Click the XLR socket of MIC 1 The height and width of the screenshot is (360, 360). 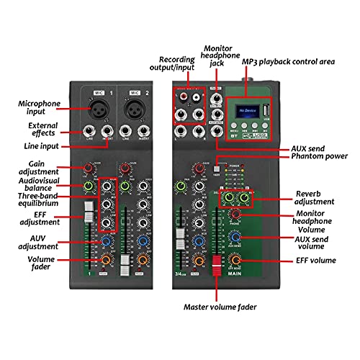[99, 110]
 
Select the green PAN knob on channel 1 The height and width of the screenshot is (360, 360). [88, 186]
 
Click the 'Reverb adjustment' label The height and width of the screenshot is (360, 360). [315, 199]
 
